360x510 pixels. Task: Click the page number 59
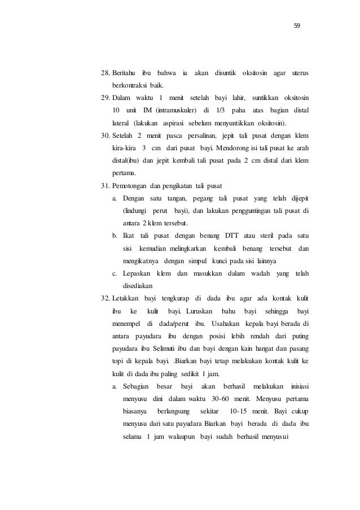click(x=297, y=25)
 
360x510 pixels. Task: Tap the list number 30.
click(x=105, y=137)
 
